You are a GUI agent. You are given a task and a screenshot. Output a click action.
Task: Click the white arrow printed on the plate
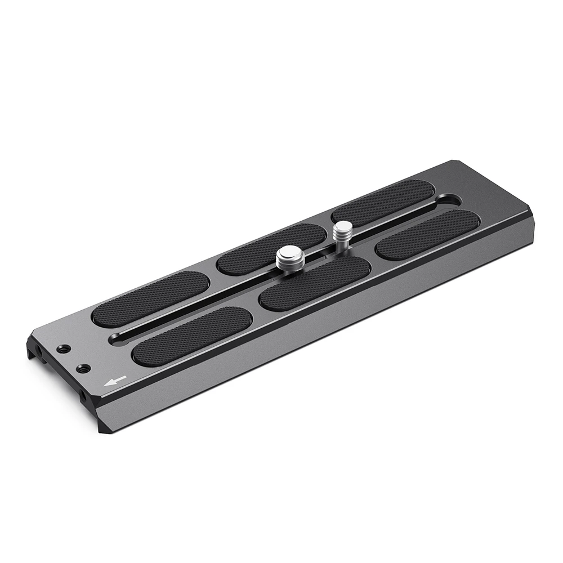pos(114,382)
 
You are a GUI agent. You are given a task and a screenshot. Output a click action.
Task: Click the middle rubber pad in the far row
pos(271,248)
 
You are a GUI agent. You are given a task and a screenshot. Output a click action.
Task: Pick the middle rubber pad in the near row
pos(315,283)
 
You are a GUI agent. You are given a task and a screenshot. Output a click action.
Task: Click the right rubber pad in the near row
pos(428,234)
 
